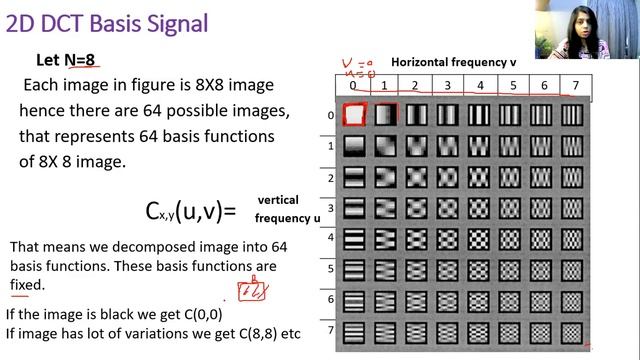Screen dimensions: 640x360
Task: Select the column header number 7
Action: [x=574, y=85]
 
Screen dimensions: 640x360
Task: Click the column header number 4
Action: [x=480, y=85]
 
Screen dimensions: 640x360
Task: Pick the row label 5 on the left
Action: [x=330, y=267]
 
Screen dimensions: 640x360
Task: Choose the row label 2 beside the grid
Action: [x=330, y=177]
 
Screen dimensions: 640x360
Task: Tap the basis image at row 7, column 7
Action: [x=572, y=331]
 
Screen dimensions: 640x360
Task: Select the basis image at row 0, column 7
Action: [x=572, y=116]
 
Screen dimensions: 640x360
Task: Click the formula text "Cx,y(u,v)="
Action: [x=191, y=211]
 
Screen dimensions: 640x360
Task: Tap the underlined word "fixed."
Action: [x=28, y=285]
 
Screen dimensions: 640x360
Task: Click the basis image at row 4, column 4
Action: [x=479, y=239]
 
